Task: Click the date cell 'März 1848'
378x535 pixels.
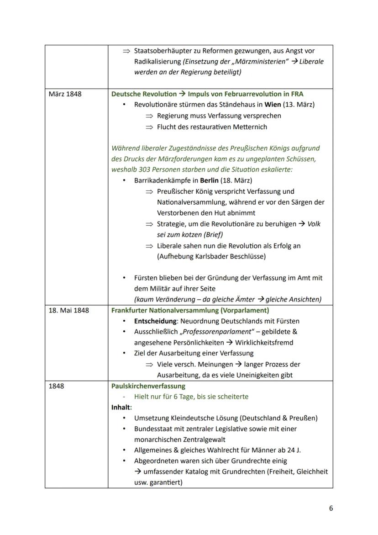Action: (65, 94)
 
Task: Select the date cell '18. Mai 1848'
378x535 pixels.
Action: (68, 310)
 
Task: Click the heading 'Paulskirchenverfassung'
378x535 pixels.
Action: (142, 386)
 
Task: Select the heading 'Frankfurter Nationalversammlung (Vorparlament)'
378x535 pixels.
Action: (190, 310)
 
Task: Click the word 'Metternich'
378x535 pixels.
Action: (249, 127)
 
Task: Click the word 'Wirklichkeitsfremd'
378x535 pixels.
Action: (264, 343)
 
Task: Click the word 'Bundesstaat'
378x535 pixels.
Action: (153, 429)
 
